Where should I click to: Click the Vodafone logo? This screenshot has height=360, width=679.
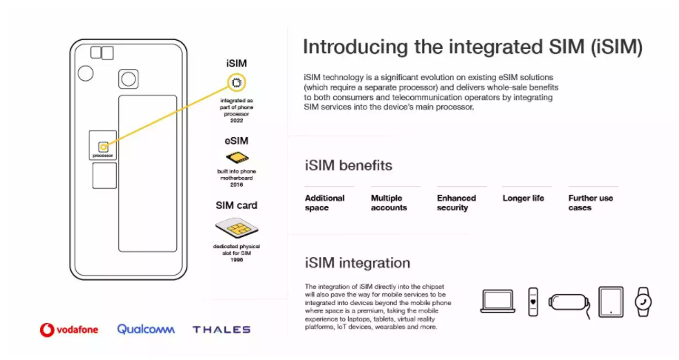[x=69, y=330]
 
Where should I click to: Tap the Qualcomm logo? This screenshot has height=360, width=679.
[x=146, y=329]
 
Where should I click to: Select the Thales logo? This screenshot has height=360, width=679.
[x=221, y=330]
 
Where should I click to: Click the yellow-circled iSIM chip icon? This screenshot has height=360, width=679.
[x=236, y=82]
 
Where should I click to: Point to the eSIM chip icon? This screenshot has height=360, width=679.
[x=237, y=157]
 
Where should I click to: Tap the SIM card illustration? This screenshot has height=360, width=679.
[x=236, y=228]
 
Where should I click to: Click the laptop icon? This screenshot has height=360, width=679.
[x=498, y=301]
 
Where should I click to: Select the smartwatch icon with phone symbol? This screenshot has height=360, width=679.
[x=643, y=302]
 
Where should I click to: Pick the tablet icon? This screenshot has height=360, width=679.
[x=611, y=302]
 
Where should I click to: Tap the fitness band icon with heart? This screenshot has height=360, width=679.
[x=533, y=302]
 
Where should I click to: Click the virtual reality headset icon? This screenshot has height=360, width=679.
[x=569, y=303]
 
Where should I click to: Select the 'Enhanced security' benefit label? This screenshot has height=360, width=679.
[x=456, y=203]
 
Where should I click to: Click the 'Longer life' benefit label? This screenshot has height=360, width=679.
[x=523, y=198]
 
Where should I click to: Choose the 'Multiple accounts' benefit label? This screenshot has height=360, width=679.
[x=389, y=203]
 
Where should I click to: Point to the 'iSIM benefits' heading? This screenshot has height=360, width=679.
[x=349, y=165]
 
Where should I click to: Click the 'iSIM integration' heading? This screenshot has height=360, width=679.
[x=357, y=262]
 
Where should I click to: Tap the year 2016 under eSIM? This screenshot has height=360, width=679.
[x=236, y=184]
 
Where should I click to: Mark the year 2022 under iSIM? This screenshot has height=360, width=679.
[x=236, y=121]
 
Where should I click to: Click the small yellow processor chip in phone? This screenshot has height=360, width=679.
[x=103, y=147]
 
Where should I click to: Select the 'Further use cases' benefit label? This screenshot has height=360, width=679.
[x=591, y=203]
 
